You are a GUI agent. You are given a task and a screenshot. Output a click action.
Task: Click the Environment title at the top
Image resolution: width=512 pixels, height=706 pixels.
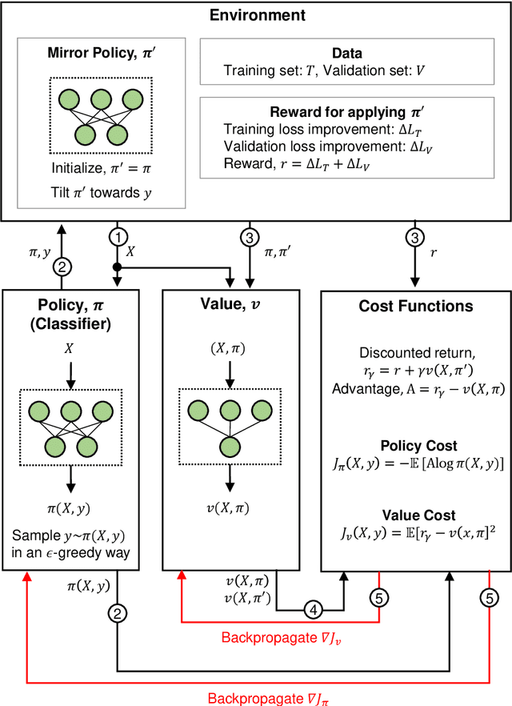tap(256, 15)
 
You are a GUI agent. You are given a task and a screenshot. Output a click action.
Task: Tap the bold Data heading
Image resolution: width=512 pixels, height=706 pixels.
tap(347, 53)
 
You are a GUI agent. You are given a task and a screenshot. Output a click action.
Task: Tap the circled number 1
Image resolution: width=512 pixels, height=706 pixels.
tap(118, 238)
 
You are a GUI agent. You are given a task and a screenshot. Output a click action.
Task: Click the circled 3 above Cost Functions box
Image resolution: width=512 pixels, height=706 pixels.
tap(415, 238)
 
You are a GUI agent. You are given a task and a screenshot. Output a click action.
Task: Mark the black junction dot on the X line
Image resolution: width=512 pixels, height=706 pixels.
tap(118, 266)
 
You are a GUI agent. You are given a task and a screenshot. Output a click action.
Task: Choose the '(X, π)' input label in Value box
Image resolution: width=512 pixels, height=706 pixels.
tap(230, 348)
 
